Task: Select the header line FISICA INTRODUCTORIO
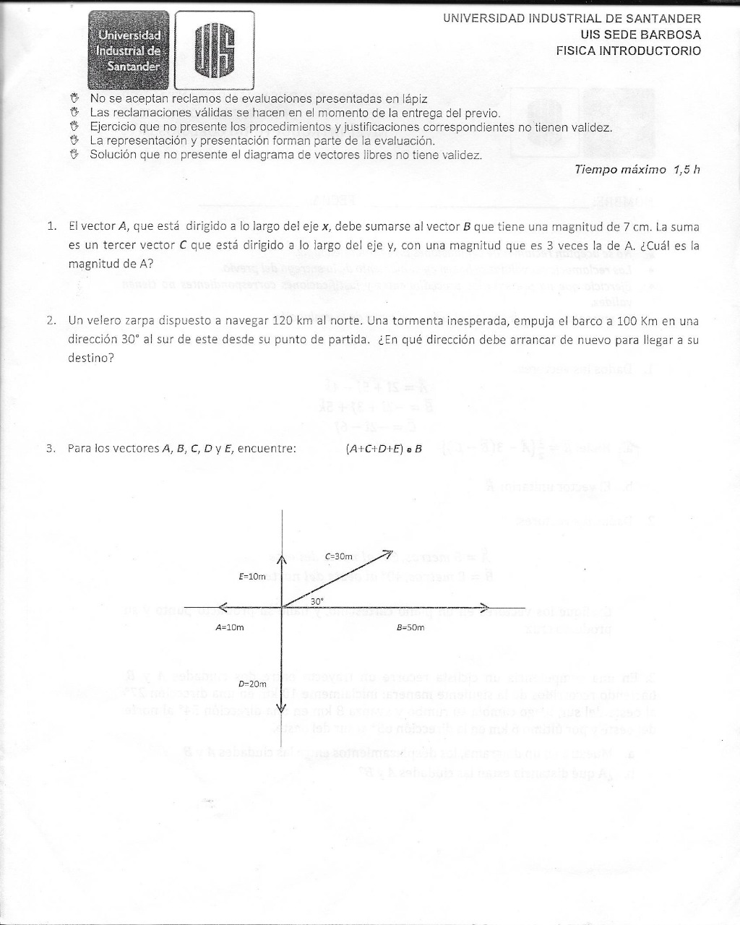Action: [628, 51]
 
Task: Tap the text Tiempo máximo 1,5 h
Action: [637, 170]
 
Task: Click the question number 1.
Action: [51, 226]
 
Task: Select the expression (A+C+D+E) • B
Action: [384, 448]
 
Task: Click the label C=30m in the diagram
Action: [338, 556]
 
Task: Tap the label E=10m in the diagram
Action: [252, 576]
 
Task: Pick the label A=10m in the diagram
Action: [230, 627]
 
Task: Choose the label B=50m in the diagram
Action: [410, 627]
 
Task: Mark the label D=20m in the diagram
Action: [252, 683]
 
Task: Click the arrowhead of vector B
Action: [485, 607]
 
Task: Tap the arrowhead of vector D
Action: [281, 708]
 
